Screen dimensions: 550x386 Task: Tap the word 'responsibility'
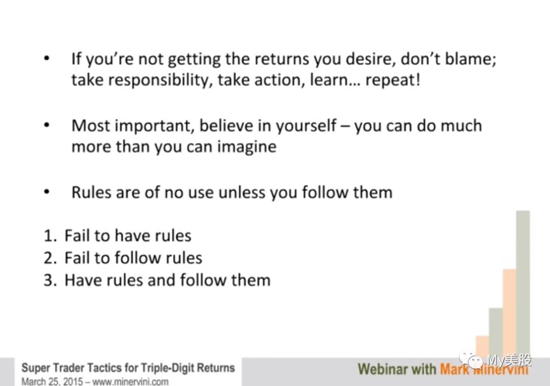tap(160, 80)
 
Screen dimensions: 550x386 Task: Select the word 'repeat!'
tap(393, 80)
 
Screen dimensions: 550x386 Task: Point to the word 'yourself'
tap(306, 125)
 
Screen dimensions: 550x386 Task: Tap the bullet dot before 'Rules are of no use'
tap(47, 192)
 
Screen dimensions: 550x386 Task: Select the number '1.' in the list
tap(50, 236)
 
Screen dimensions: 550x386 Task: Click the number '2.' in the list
tap(50, 258)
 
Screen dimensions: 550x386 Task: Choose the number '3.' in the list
tap(50, 281)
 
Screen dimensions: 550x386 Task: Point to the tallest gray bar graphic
tap(523, 284)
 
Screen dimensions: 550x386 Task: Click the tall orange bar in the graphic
tap(509, 313)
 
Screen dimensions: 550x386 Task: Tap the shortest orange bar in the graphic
tap(482, 347)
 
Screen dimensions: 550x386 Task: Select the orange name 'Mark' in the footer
tap(454, 370)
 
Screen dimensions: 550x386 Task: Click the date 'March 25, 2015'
tap(52, 381)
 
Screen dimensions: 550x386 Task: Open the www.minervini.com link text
tap(130, 381)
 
